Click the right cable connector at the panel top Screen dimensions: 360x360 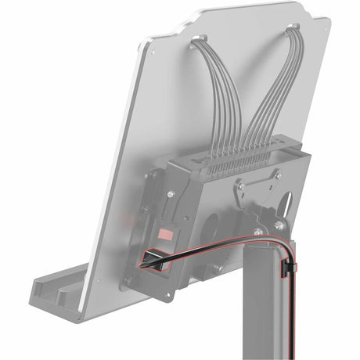tap(292, 30)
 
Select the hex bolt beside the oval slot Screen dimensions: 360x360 tap(279, 225)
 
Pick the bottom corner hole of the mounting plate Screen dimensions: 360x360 tap(167, 295)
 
